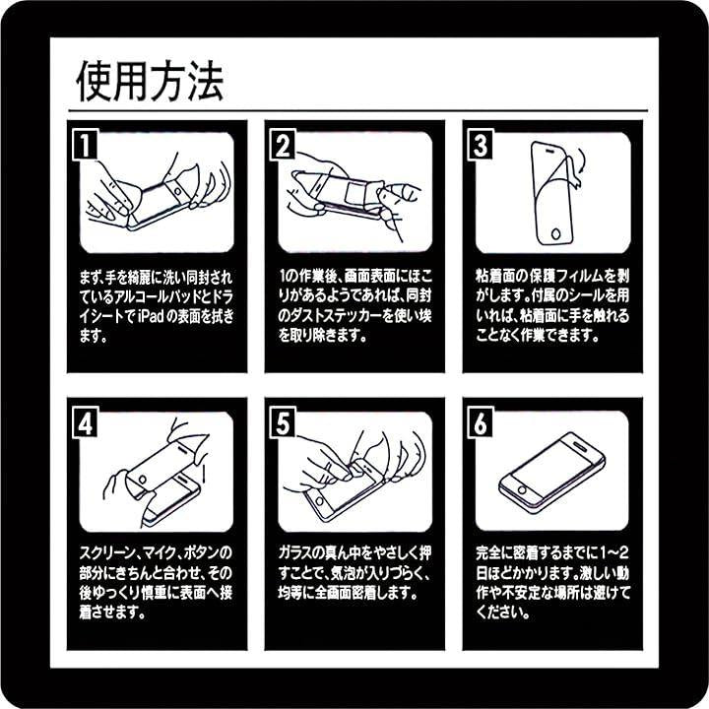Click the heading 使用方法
(x=150, y=81)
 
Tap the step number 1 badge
(x=85, y=144)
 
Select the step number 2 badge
(x=283, y=144)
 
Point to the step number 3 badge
(x=481, y=144)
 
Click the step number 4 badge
(x=85, y=423)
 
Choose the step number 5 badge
(x=283, y=423)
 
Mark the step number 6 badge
(x=481, y=423)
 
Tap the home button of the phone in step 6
(x=522, y=490)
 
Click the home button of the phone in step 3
(x=555, y=233)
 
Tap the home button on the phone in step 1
(x=177, y=192)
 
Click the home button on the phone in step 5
(x=320, y=500)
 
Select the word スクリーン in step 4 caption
(x=106, y=552)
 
